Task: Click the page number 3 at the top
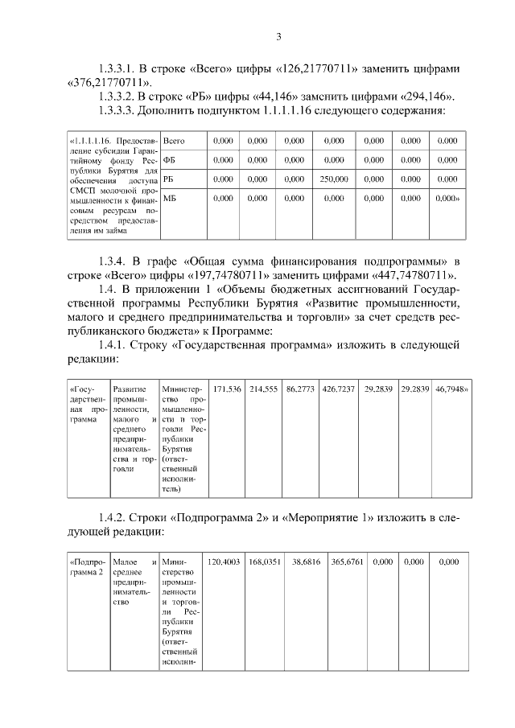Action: coord(278,36)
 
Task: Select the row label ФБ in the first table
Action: coord(169,160)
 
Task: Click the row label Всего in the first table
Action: coord(174,141)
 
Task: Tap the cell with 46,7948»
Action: coord(452,389)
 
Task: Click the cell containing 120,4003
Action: coord(225,562)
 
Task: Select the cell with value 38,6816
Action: coord(306,562)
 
